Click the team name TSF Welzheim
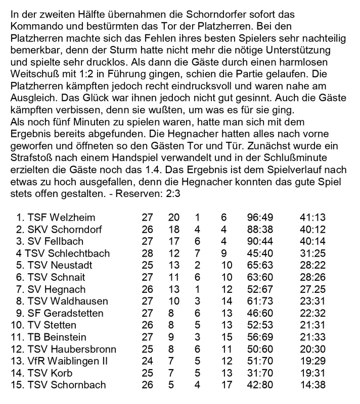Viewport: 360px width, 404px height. click(x=63, y=218)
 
